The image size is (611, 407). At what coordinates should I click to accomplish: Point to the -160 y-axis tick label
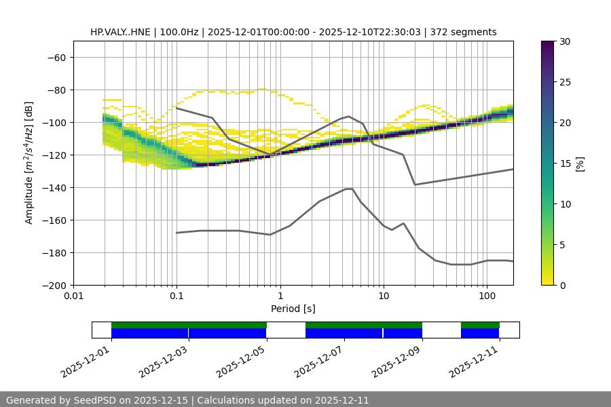click(x=55, y=220)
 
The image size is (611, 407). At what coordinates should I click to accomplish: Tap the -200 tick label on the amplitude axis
click(x=55, y=286)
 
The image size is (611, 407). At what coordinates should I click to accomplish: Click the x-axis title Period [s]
click(x=293, y=309)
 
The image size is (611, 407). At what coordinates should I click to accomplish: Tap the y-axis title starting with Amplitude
click(x=29, y=163)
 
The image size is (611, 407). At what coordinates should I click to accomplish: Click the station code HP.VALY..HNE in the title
click(x=120, y=32)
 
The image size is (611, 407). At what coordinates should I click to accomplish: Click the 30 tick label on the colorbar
click(x=565, y=41)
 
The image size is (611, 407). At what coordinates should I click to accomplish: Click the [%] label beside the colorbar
click(x=580, y=163)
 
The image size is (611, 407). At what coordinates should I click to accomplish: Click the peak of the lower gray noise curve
click(x=348, y=189)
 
